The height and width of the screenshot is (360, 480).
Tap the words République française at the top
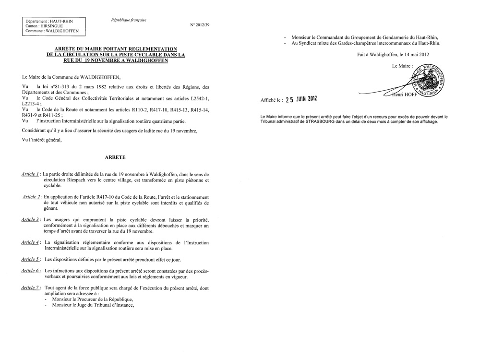point(128,20)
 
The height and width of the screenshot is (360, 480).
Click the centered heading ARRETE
point(115,157)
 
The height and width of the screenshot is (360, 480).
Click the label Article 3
point(31,219)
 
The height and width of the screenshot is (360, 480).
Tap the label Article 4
point(31,242)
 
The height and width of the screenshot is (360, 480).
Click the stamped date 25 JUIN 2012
point(301,100)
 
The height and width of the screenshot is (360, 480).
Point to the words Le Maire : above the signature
point(402,65)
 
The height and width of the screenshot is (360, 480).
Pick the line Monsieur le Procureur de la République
point(92,299)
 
